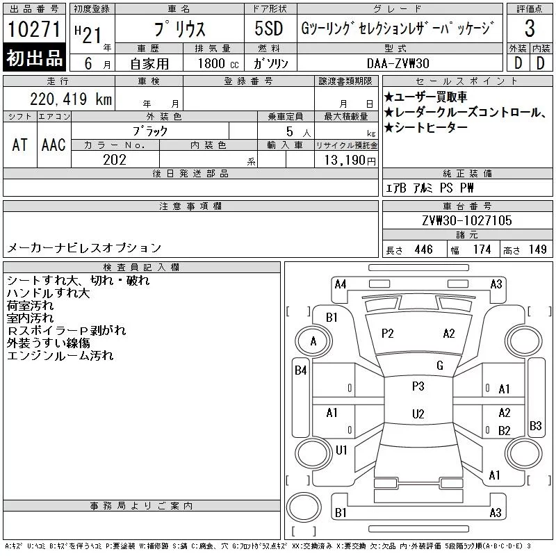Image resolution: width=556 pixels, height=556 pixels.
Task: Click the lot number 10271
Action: click(34, 29)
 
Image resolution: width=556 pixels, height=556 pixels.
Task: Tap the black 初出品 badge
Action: click(34, 58)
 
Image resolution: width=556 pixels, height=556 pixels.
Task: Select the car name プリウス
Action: click(180, 28)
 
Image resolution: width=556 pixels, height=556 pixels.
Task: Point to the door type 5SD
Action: click(269, 28)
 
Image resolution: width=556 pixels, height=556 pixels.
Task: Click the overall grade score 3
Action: click(530, 28)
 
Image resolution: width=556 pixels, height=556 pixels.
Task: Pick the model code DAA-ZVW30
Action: click(398, 63)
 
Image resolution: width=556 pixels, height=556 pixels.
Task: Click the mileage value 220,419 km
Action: click(71, 99)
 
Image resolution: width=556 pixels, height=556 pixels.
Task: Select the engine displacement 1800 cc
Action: click(218, 63)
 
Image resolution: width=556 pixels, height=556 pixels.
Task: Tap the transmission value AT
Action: click(20, 145)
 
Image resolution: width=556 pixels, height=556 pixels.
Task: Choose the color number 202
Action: click(115, 160)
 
